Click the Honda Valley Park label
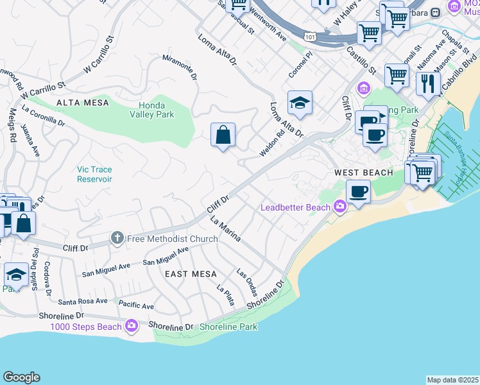pos(157,110)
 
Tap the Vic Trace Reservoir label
pos(94,174)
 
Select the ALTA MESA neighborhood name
pos(83,103)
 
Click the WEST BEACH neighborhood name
pos(363,173)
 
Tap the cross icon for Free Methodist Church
pos(116,239)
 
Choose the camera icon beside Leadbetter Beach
pos(339,207)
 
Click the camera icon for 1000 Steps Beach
pos(132,327)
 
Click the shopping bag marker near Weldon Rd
pos(223,135)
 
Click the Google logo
pos(21,377)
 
